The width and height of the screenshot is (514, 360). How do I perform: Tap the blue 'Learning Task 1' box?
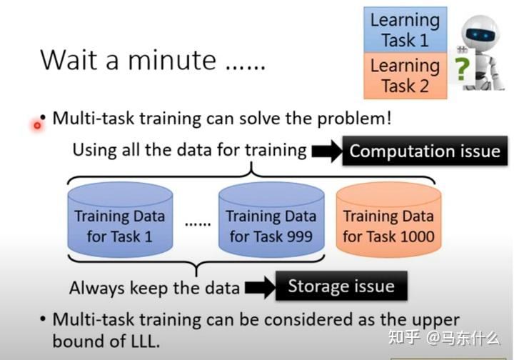405,30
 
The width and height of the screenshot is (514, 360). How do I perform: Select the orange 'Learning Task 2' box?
405,76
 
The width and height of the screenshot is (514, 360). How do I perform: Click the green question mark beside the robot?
463,69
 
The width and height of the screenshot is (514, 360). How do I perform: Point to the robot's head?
480,32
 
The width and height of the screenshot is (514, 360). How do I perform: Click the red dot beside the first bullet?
37,125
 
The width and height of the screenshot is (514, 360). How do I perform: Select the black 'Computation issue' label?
424,151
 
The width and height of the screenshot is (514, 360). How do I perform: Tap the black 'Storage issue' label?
341,286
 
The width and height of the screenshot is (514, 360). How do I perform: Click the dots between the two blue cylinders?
198,223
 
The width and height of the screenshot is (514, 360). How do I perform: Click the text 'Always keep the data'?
154,288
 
